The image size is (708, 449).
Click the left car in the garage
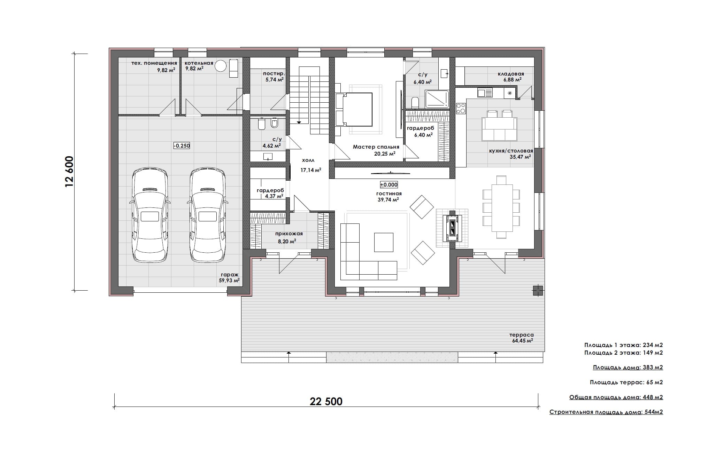coord(150,216)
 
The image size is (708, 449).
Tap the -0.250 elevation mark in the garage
coord(182,145)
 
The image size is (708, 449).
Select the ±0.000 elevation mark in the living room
coord(389,185)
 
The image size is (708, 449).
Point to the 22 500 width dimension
coord(326,401)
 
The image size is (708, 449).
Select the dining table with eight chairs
coord(501,207)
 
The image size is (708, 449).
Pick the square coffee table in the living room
coord(384,242)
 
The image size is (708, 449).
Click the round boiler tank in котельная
coord(221,66)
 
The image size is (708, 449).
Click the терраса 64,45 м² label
coord(522,338)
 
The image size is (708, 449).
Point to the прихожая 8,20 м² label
coord(289,237)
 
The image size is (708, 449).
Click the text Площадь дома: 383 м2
coord(628,368)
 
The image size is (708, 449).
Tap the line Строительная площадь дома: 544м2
coord(606,412)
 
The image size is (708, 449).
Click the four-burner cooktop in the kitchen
coord(461,108)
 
